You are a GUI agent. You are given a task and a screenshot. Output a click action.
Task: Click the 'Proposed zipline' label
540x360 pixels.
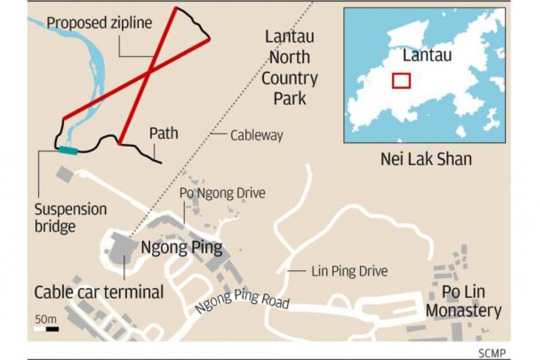[x=99, y=22]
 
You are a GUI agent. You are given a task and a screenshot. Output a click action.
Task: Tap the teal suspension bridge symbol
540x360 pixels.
[x=67, y=151]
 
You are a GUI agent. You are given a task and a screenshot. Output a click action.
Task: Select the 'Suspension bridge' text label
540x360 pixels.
[x=70, y=218]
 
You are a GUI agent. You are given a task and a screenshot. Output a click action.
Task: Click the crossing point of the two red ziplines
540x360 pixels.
[x=150, y=71]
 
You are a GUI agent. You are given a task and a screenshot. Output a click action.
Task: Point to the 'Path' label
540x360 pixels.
[x=164, y=133]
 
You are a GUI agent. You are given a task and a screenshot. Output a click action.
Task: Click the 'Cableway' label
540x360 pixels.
[x=256, y=136]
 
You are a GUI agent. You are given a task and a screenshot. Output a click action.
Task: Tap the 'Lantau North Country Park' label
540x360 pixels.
[x=290, y=67]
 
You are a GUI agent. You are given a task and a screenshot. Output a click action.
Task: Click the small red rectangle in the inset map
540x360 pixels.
[x=401, y=80]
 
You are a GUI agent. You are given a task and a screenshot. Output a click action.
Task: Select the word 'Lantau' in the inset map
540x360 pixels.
[x=427, y=55]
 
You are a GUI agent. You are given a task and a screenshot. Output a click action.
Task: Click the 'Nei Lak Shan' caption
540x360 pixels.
[x=426, y=158]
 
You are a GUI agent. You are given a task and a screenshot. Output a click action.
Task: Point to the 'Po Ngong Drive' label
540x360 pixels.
[x=222, y=193]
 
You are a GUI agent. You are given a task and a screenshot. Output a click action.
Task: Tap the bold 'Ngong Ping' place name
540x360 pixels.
[x=181, y=247]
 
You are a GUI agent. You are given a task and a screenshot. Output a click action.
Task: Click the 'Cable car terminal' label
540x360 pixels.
[x=99, y=292]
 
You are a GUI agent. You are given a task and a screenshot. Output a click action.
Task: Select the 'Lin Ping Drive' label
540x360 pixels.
[x=349, y=272]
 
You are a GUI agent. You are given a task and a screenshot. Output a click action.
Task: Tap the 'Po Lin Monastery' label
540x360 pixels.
[x=463, y=301]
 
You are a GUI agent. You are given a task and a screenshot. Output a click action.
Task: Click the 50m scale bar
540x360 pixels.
[x=46, y=329]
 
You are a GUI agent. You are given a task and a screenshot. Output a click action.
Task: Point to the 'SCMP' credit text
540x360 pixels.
[x=492, y=353]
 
